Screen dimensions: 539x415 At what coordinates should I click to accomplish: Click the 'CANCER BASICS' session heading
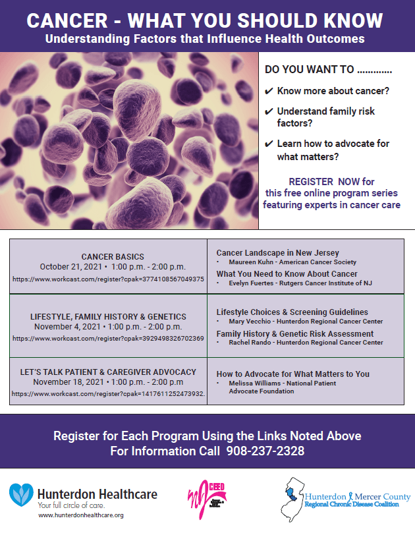tap(113, 256)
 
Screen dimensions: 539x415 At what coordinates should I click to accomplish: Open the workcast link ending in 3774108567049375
tap(108, 279)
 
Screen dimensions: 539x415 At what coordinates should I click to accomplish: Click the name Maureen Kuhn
tap(251, 262)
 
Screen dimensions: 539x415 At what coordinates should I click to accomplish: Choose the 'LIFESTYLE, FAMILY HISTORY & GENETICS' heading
tap(108, 316)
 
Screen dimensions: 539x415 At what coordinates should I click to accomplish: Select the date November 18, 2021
tap(70, 382)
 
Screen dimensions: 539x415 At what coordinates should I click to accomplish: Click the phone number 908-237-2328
tap(265, 451)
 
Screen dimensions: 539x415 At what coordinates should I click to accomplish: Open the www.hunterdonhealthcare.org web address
tap(81, 515)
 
